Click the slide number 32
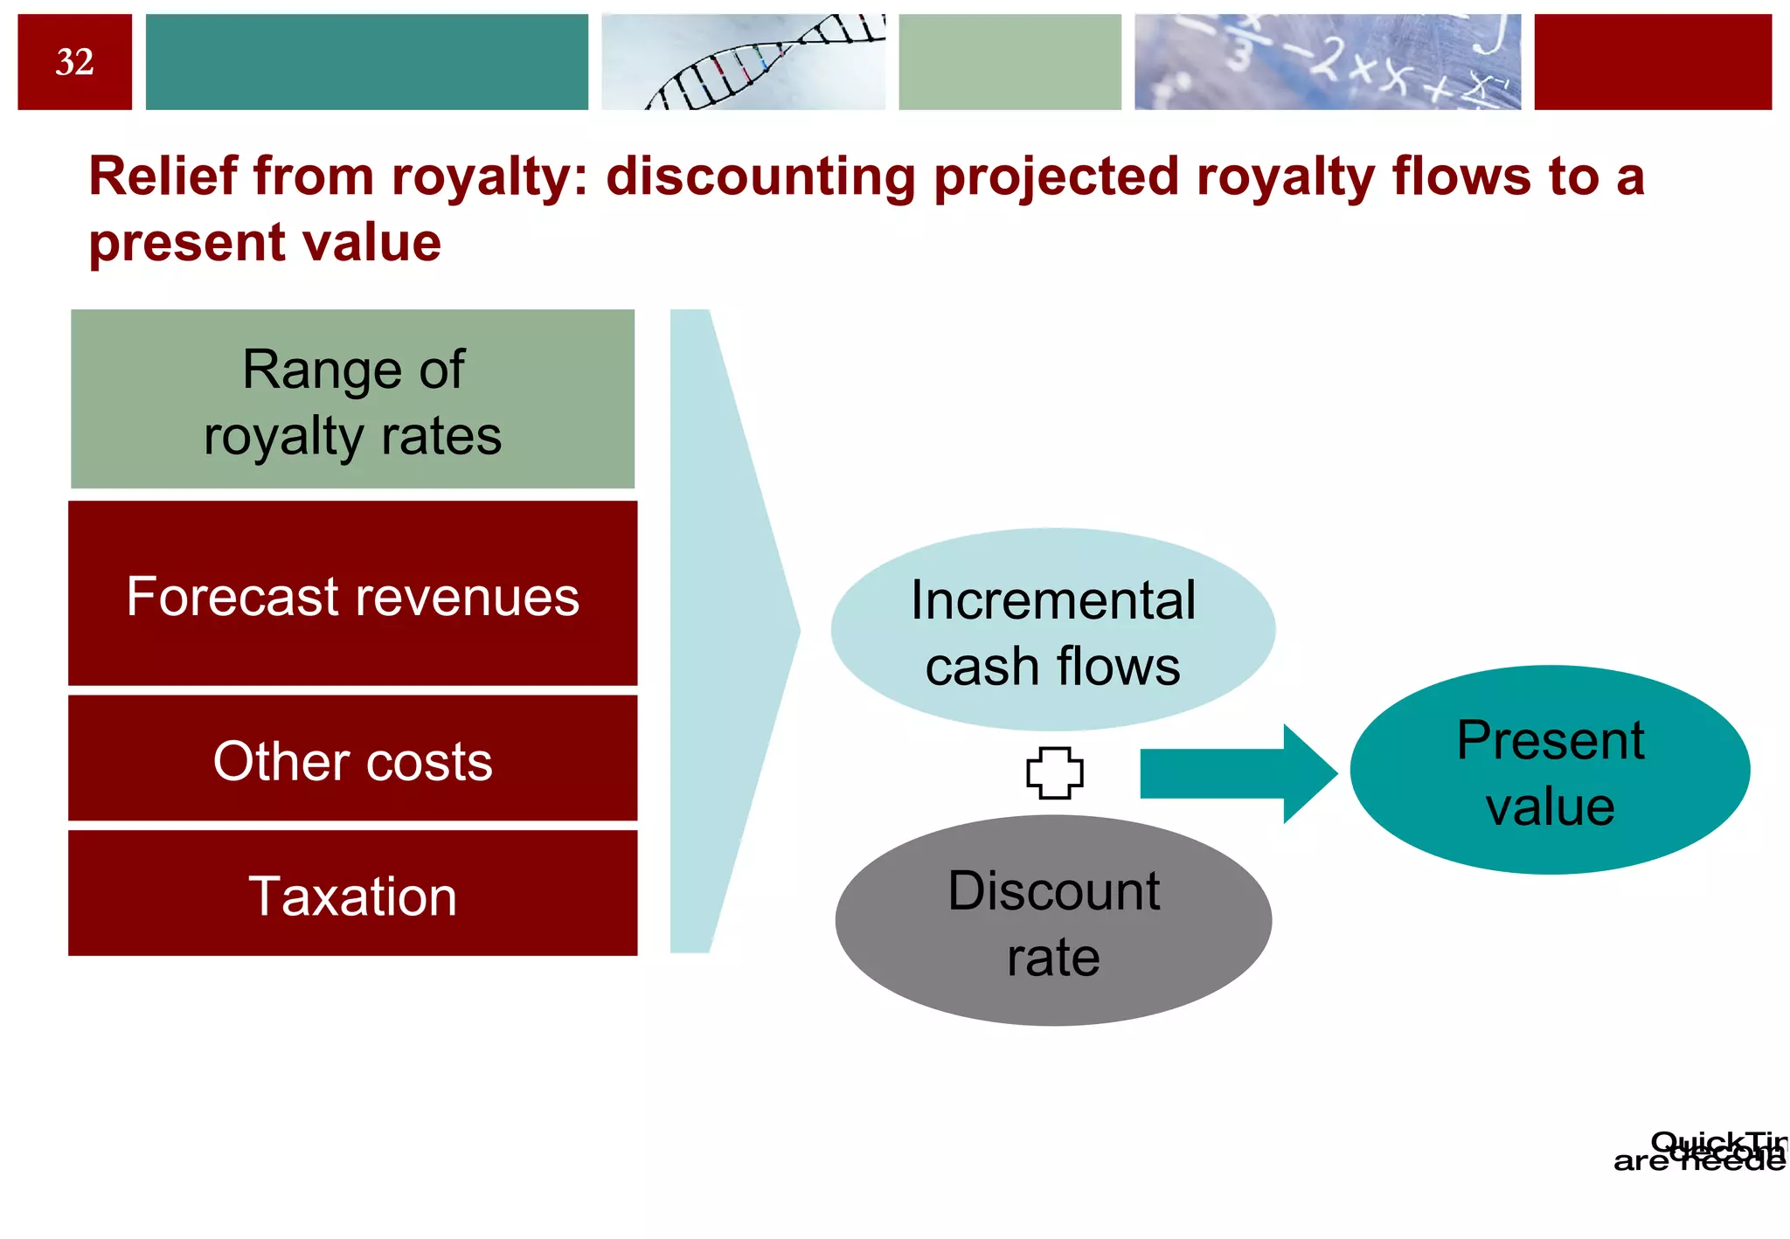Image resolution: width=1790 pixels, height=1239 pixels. tap(74, 62)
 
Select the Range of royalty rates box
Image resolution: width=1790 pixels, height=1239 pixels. tap(352, 399)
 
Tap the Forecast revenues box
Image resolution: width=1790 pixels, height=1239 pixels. tap(352, 594)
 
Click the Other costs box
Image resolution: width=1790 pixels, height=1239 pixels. tap(352, 758)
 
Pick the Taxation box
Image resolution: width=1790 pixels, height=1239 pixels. tap(352, 894)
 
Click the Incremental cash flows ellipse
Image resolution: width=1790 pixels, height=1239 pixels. tap(1052, 630)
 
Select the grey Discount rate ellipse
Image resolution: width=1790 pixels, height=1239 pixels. tap(1052, 921)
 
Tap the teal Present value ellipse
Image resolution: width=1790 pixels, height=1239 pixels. tap(1549, 771)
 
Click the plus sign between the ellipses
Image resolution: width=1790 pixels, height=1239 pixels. tap(1054, 773)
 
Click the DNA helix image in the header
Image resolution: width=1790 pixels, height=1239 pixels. tap(743, 62)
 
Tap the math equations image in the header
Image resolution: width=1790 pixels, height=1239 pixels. tap(1327, 62)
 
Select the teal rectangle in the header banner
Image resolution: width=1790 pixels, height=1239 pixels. tap(366, 62)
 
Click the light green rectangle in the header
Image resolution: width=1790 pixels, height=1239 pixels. tap(1009, 62)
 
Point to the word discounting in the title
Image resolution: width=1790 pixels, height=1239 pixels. tap(760, 177)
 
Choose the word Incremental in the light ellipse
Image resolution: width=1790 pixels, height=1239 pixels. tap(1052, 600)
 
